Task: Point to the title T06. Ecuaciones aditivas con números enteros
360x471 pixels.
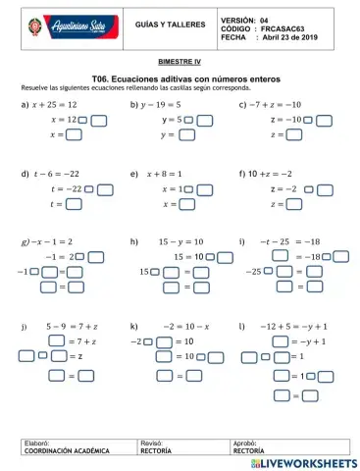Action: pos(180,76)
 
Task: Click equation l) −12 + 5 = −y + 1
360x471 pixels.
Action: pos(293,323)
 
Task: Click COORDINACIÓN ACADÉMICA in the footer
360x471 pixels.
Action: pos(61,452)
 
